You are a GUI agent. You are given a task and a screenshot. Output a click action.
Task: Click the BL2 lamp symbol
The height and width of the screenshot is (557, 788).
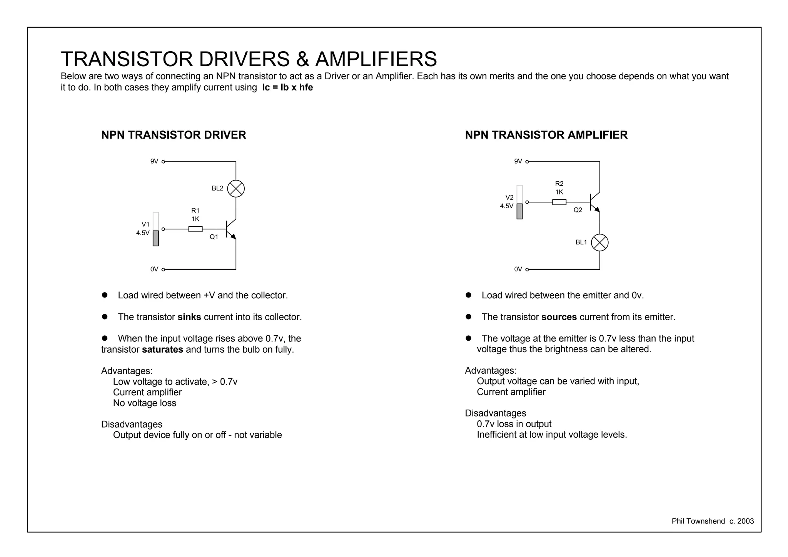tap(236, 189)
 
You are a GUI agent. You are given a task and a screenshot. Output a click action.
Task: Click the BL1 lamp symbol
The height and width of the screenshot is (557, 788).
tap(599, 243)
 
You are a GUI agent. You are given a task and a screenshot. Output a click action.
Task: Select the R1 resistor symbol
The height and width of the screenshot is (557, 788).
tap(195, 229)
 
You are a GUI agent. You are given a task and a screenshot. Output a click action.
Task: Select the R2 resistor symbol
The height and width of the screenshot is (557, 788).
tap(559, 202)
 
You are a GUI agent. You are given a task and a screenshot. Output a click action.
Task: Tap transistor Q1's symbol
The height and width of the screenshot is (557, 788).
tap(230, 229)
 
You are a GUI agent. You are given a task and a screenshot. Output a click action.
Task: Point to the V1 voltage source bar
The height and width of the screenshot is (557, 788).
tap(156, 229)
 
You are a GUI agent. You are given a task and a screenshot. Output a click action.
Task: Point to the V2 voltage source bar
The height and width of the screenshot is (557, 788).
tap(519, 202)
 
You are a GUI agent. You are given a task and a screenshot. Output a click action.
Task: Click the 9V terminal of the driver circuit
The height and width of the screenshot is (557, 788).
tap(163, 162)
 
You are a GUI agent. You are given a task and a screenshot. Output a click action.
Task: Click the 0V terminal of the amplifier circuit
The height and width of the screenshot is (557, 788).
tap(527, 269)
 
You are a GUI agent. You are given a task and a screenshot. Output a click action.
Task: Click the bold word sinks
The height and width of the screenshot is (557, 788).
tap(189, 317)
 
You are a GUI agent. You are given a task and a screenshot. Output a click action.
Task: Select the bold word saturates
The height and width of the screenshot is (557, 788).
tap(162, 350)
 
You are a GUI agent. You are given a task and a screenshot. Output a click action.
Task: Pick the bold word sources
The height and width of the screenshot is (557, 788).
tap(559, 317)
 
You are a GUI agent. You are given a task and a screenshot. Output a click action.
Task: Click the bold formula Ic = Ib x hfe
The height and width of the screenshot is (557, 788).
tap(287, 87)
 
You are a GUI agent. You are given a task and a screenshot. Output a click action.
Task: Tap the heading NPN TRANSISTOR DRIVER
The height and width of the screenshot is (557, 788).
tap(174, 135)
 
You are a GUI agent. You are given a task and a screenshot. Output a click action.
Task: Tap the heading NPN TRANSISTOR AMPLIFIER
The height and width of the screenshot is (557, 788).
tap(546, 135)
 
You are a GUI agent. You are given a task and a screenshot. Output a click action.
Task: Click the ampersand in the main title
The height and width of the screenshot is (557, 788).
tap(302, 60)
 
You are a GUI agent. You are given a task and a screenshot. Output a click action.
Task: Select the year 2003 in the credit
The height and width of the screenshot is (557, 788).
tap(745, 521)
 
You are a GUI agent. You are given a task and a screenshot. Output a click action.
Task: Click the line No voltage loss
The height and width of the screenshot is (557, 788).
tap(145, 403)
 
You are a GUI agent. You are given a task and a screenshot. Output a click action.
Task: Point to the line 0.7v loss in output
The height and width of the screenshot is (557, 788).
tap(514, 424)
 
